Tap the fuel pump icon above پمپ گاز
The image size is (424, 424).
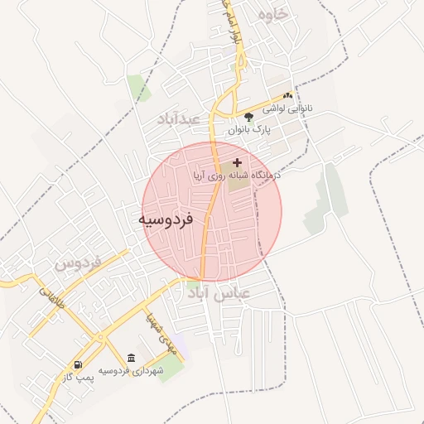pyautogui.click(x=78, y=364)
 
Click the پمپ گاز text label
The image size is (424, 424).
pyautogui.click(x=80, y=378)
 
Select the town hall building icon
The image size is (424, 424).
pyautogui.click(x=131, y=358)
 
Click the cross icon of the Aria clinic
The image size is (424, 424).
pyautogui.click(x=238, y=162)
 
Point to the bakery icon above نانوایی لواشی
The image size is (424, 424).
pyautogui.click(x=287, y=96)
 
